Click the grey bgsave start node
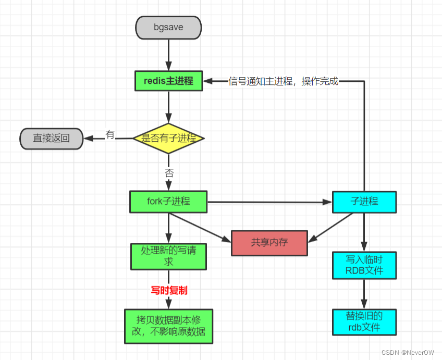click(168, 27)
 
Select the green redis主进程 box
click(168, 81)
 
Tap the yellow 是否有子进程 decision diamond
click(168, 139)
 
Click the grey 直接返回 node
click(51, 139)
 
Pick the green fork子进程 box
click(168, 202)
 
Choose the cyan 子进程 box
click(364, 202)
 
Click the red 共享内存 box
click(269, 243)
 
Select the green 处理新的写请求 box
click(168, 256)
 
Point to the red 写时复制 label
click(169, 290)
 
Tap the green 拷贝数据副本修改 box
click(168, 326)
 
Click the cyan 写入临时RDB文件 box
click(364, 265)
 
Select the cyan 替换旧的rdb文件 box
click(364, 321)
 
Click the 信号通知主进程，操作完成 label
click(283, 81)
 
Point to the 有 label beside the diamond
click(110, 134)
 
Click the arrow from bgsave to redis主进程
click(168, 54)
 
